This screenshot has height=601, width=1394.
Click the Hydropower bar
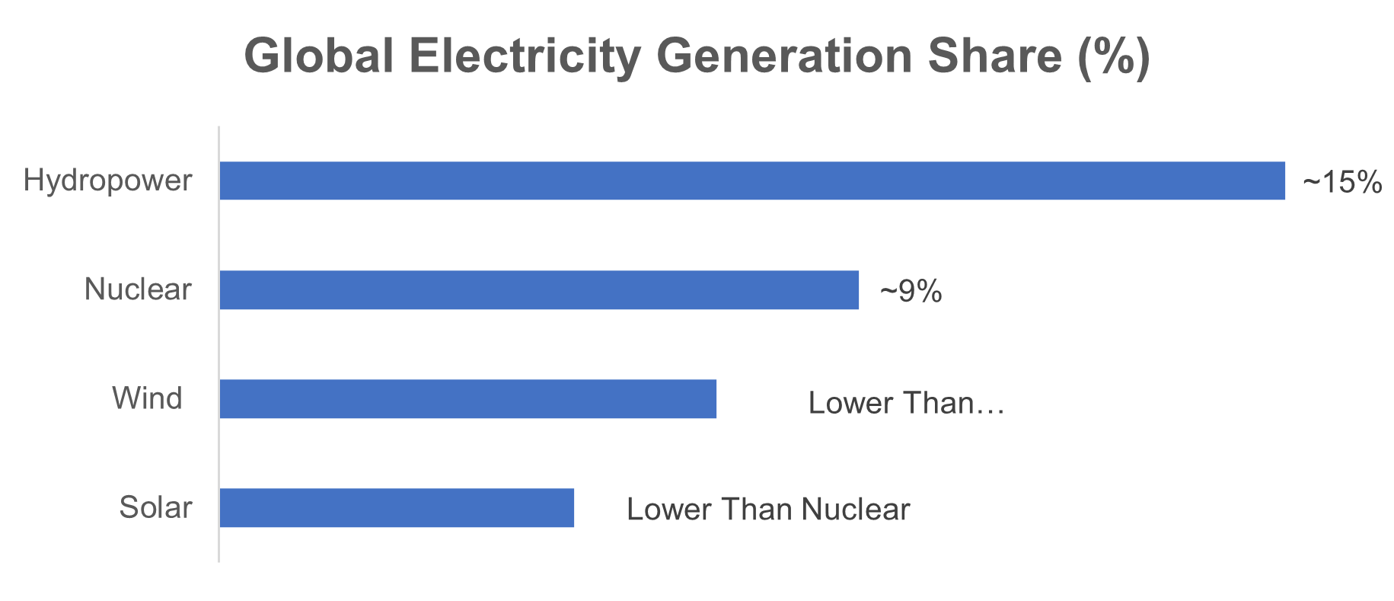(x=751, y=181)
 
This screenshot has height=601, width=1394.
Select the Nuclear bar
(x=539, y=289)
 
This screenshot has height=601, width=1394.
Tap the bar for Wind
(x=467, y=398)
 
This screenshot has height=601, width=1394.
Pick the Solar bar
(x=396, y=507)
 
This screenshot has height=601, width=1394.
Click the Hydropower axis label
(x=107, y=181)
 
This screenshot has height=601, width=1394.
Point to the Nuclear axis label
(x=138, y=289)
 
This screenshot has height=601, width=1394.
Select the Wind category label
(x=147, y=398)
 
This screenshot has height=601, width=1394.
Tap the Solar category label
(x=155, y=507)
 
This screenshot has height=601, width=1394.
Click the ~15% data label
(x=1341, y=183)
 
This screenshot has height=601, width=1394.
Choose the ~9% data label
(x=911, y=292)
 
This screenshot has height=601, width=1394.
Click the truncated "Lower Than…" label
(x=906, y=403)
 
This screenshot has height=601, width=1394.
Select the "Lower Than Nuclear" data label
(x=767, y=510)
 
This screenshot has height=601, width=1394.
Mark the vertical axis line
(x=219, y=344)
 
